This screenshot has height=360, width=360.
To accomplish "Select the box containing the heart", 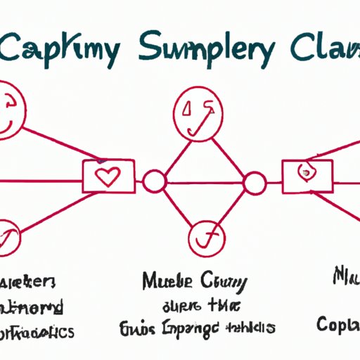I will [109, 176].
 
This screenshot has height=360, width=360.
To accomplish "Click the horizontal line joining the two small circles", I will [204, 184].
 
